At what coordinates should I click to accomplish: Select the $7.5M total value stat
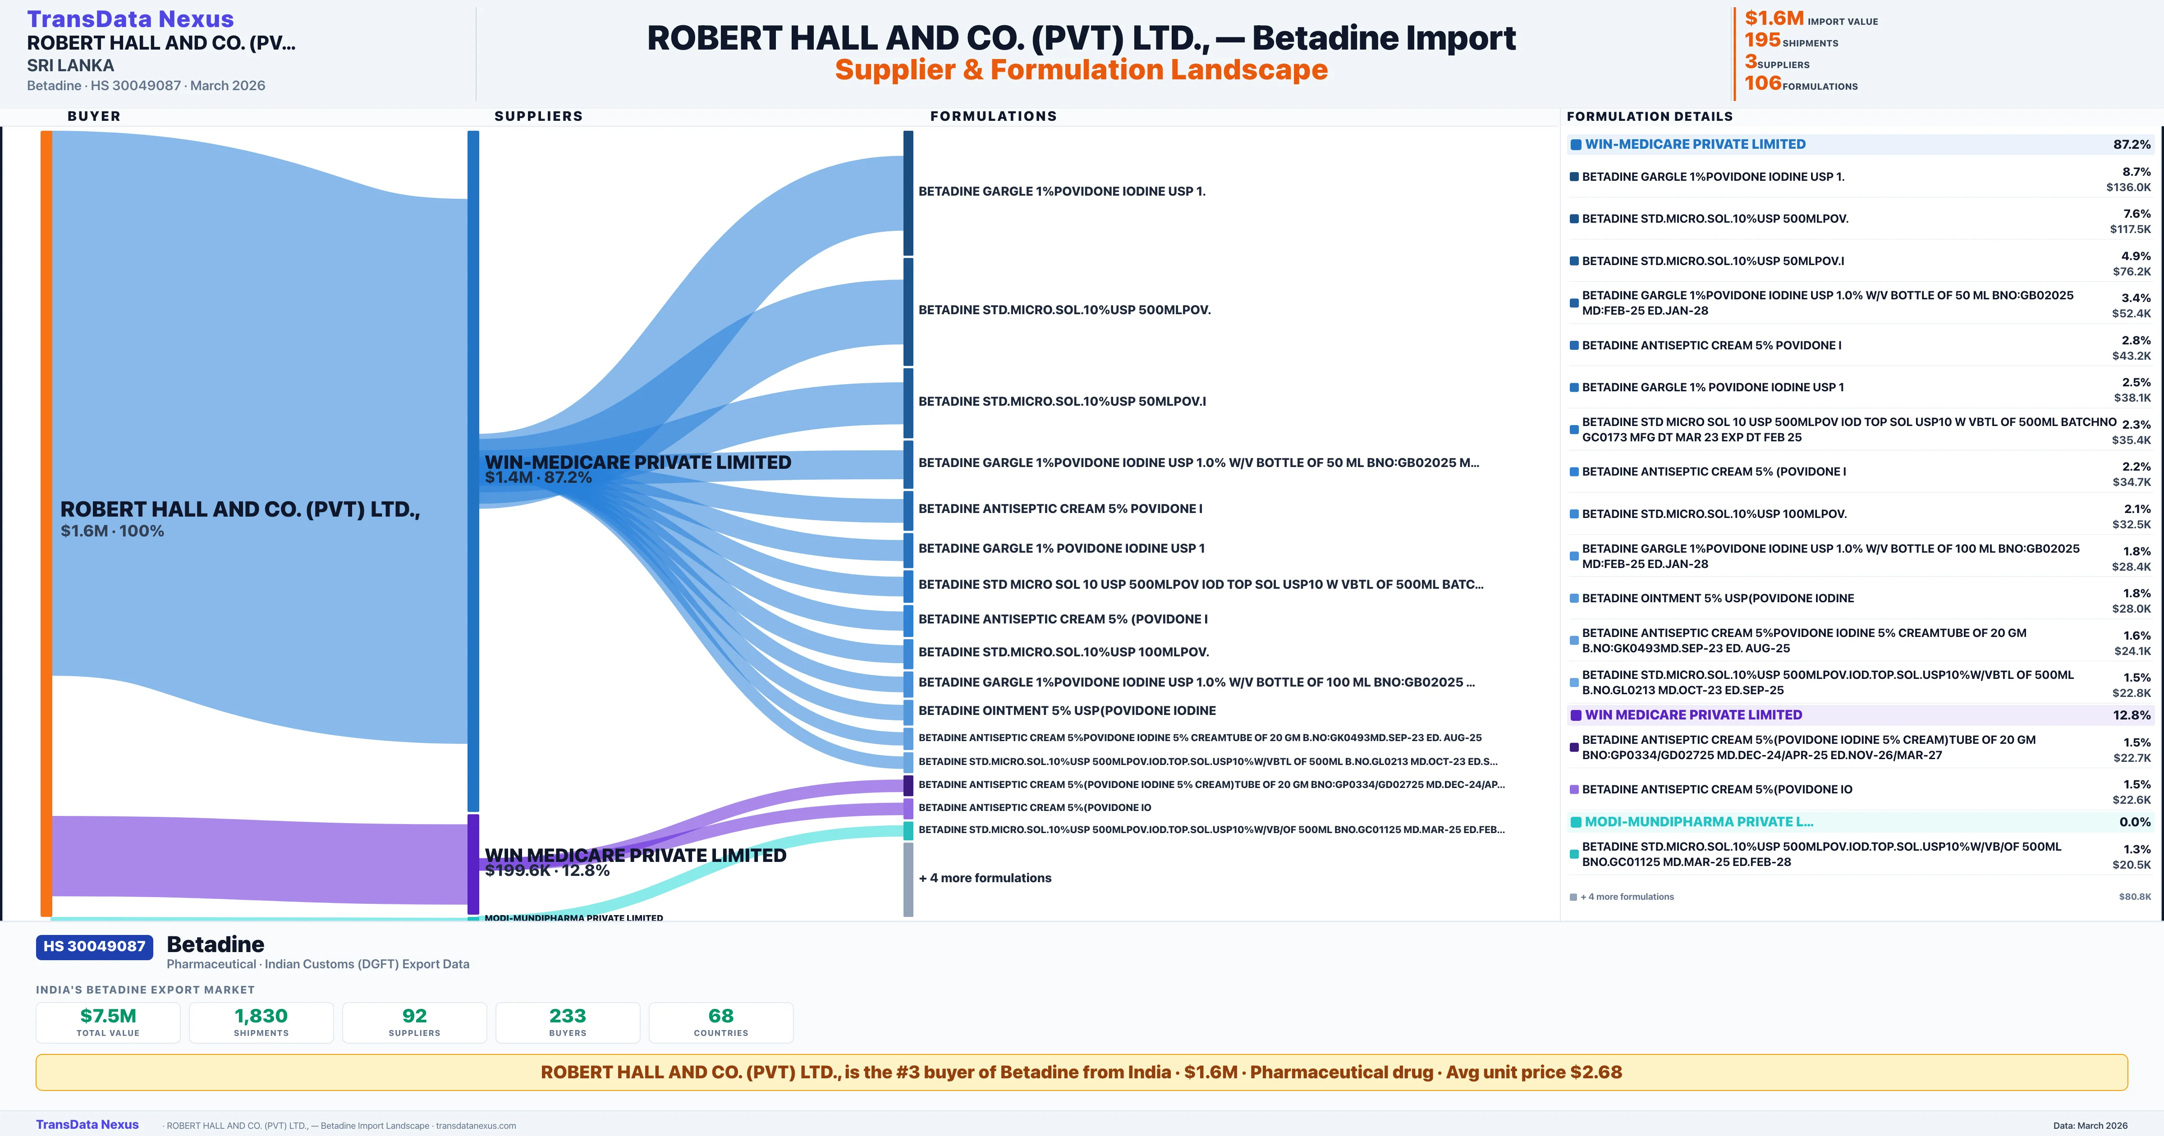coord(108,1016)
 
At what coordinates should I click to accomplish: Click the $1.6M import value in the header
coord(1774,18)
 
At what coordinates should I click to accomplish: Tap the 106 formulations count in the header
coord(1762,83)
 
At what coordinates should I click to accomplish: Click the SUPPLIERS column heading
coord(538,116)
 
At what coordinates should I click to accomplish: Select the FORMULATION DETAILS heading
coord(1649,116)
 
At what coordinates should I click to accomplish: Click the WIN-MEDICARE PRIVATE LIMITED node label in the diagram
coord(637,462)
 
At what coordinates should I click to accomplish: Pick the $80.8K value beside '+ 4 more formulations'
coord(2134,897)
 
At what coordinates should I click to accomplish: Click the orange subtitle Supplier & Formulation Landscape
coord(1081,70)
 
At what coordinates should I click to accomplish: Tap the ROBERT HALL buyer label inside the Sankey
coord(239,509)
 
